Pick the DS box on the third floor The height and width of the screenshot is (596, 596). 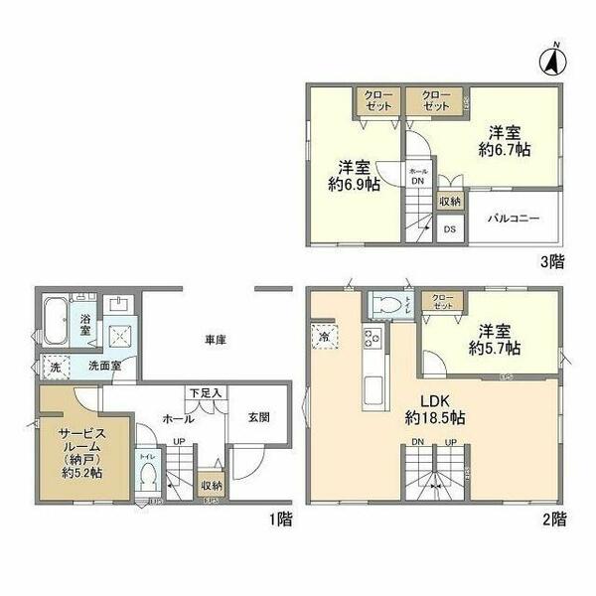pyautogui.click(x=450, y=228)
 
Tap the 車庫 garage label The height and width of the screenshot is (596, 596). pyautogui.click(x=216, y=341)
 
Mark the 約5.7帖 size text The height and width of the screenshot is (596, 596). pyautogui.click(x=495, y=349)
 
